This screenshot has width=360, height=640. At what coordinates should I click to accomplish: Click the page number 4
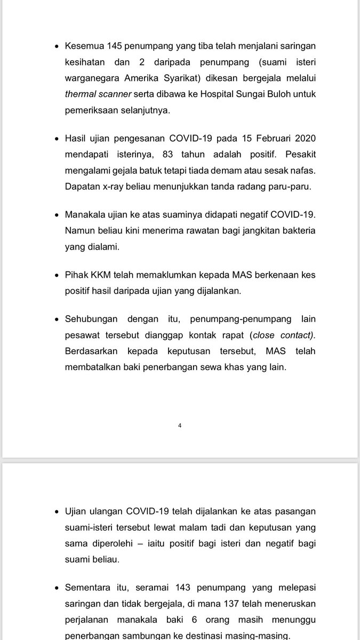coord(180,426)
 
